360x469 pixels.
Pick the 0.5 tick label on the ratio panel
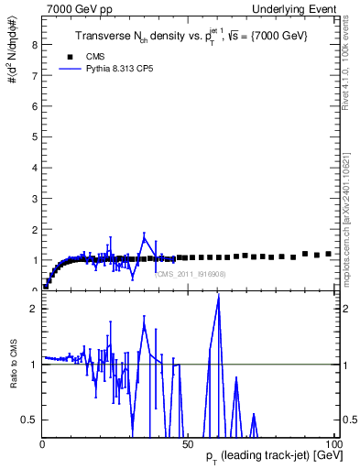click(x=27, y=420)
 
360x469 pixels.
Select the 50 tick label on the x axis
click(x=188, y=444)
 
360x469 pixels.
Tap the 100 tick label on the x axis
click(x=333, y=444)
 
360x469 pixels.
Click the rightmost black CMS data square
click(x=328, y=254)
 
